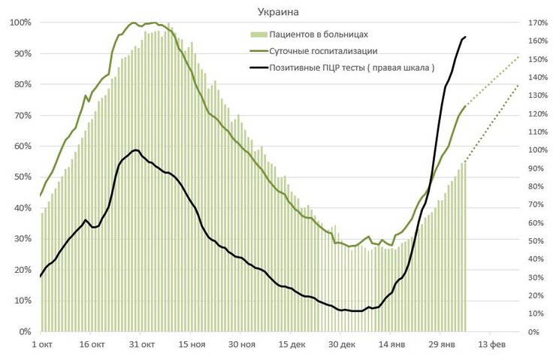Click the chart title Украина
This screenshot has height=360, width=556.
pyautogui.click(x=279, y=12)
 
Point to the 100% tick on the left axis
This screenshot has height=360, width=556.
pyautogui.click(x=20, y=23)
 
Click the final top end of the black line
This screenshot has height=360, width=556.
pyautogui.click(x=465, y=37)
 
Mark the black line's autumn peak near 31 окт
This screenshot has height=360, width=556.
pyautogui.click(x=136, y=150)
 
